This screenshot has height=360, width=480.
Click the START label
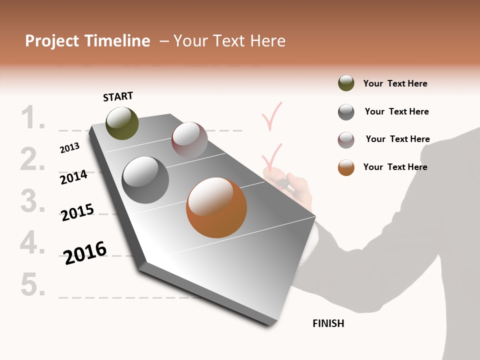click(x=118, y=96)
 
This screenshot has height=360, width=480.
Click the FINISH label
click(x=328, y=323)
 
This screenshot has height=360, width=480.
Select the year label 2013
click(x=70, y=147)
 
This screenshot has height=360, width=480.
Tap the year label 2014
click(x=73, y=177)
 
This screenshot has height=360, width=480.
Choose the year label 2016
click(x=85, y=252)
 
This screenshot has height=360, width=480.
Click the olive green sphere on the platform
click(x=122, y=123)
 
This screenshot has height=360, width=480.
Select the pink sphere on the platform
click(x=189, y=140)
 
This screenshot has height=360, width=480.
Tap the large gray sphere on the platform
click(x=145, y=180)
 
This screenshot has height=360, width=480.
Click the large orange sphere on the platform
click(x=216, y=207)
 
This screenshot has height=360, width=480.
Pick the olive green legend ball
click(x=346, y=83)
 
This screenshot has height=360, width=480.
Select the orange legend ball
click(x=346, y=167)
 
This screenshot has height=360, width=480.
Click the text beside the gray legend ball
click(x=396, y=111)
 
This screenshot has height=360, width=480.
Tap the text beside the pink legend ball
click(x=397, y=139)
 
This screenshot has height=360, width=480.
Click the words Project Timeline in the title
click(x=87, y=41)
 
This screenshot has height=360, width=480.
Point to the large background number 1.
click(x=33, y=118)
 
